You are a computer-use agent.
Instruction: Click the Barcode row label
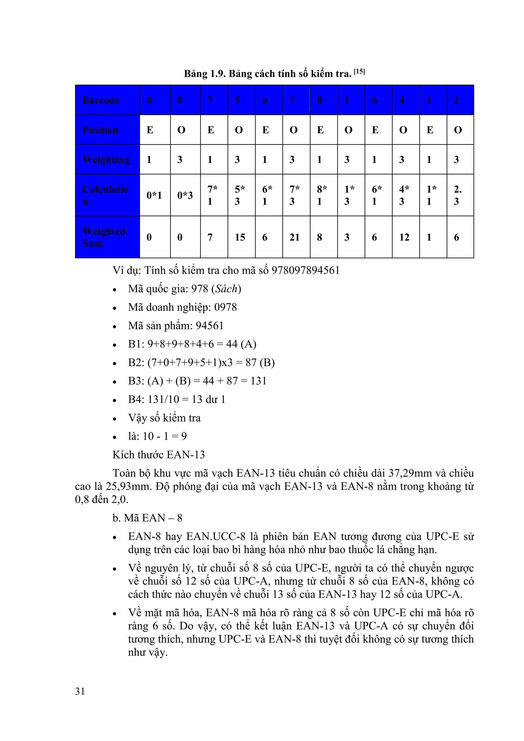101,100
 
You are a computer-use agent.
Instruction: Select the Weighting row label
106,160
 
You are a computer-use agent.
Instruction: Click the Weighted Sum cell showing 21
294,237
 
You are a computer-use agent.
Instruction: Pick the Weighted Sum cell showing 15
240,237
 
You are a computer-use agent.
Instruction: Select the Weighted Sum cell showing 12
404,237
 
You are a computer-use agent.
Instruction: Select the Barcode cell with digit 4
402,100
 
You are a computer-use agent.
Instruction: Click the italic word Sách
226,288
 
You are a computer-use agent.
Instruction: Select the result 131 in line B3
258,381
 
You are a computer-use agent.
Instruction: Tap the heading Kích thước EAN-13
159,455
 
